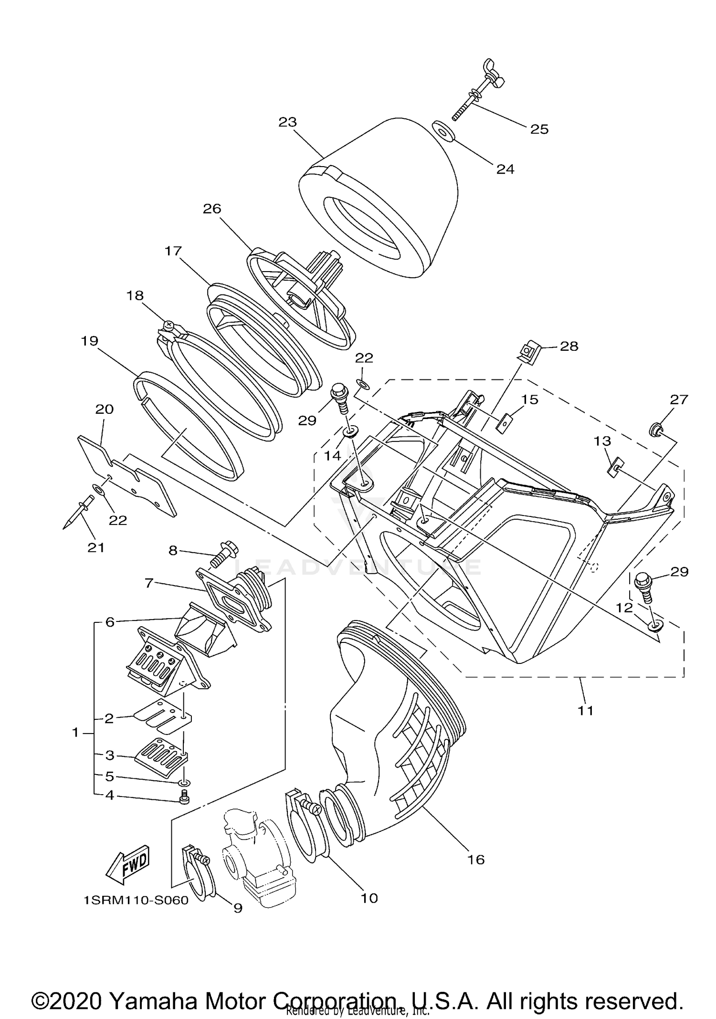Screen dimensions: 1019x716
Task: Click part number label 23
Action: [x=288, y=122]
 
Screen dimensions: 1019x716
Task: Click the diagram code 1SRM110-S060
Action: [x=136, y=900]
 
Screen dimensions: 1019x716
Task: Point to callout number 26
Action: [x=212, y=209]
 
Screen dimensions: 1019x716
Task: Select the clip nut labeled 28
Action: [x=528, y=352]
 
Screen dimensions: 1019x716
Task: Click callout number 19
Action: [x=90, y=341]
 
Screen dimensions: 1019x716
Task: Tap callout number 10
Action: [x=369, y=898]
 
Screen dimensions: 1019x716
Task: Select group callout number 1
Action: [x=75, y=732]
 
